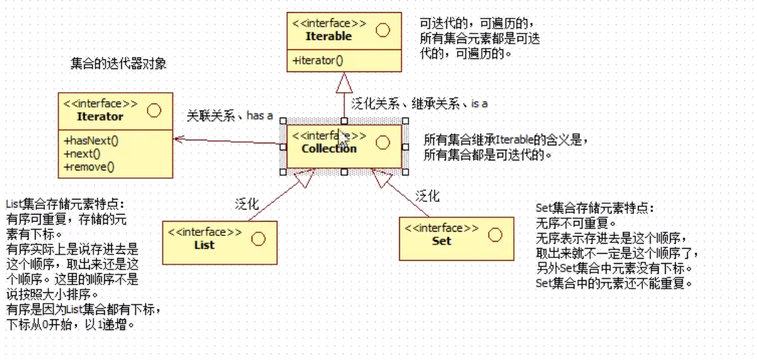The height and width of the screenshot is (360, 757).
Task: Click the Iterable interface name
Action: pos(329,36)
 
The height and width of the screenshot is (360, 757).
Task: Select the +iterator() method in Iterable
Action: pos(318,61)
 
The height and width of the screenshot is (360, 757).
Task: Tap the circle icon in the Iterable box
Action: pos(383,30)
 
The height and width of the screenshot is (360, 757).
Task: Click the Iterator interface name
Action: pos(100,116)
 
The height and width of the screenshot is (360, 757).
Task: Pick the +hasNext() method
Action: pos(91,140)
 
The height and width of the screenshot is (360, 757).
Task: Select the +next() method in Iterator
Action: pos(82,154)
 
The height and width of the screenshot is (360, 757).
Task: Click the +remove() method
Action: pos(89,168)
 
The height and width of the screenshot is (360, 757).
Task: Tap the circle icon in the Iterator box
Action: pos(153,110)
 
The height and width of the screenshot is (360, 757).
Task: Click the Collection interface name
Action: pos(329,148)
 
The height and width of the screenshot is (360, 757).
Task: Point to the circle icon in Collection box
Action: pos(383,143)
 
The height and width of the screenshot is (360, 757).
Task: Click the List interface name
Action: pos(204,245)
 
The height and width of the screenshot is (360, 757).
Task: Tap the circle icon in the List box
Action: pos(258,239)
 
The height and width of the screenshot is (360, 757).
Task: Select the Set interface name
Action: pos(441,241)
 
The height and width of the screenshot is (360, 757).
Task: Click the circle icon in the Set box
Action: pos(495,235)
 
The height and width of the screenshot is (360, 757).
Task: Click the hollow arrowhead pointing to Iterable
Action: pos(344,84)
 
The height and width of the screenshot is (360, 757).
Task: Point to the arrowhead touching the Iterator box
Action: pos(179,140)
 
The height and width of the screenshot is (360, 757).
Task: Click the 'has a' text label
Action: pos(259,115)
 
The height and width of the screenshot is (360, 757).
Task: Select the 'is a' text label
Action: pos(479,104)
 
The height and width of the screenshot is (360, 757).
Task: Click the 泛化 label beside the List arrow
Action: pos(247,205)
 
